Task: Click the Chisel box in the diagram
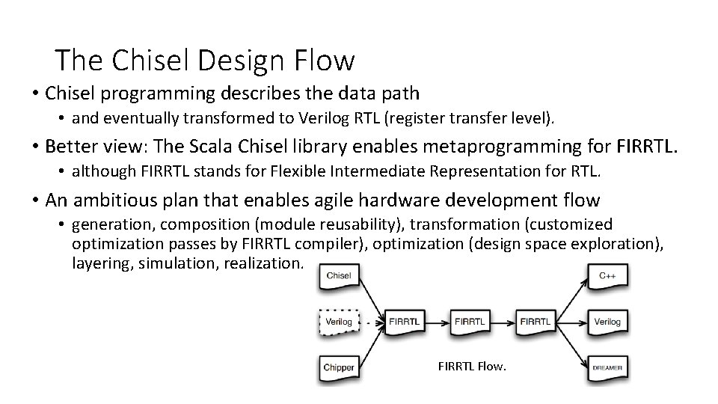338,276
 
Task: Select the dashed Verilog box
338,322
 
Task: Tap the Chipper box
338,367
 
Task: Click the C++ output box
607,276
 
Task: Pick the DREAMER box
607,367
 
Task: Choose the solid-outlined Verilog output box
607,322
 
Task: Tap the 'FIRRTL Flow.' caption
472,367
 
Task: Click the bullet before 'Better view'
35,147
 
